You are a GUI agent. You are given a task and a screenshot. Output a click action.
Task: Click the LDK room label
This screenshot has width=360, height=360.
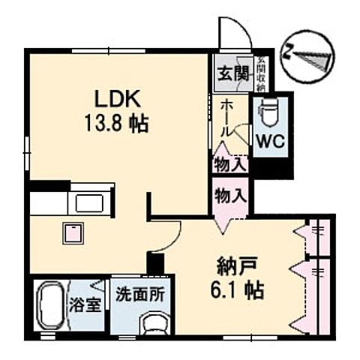tap(112, 99)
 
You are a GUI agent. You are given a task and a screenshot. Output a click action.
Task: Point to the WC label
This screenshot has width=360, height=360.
tap(268, 139)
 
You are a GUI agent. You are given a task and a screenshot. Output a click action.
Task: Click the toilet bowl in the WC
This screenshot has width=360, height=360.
tap(268, 113)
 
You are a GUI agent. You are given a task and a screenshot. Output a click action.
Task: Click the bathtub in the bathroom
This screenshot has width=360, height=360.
tap(50, 304)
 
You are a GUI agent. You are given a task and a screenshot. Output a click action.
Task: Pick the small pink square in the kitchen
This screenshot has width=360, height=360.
tap(71, 233)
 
